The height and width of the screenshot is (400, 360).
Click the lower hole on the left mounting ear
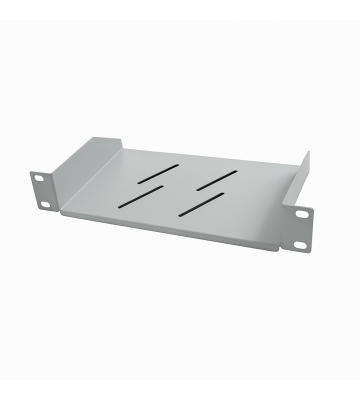(x=44, y=205)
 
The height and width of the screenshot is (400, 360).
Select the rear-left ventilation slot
(x=153, y=178)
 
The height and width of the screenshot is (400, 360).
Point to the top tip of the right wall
(x=308, y=154)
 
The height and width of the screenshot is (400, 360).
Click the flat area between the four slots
(x=180, y=191)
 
